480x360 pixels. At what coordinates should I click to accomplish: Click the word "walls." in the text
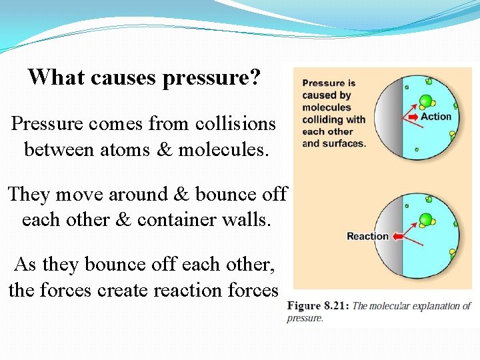pos(250,219)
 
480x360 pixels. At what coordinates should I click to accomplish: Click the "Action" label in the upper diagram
pos(436,117)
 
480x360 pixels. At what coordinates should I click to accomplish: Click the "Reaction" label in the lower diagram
pos(367,236)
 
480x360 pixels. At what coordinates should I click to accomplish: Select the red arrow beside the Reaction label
pos(399,236)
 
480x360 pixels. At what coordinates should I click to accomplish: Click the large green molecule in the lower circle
pos(425,220)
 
